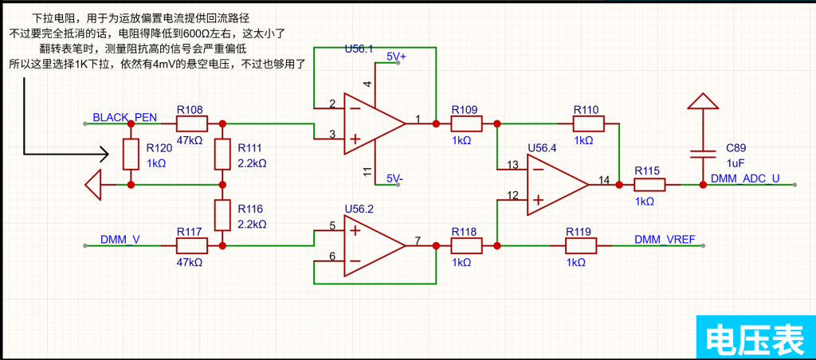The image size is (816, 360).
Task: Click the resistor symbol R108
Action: tap(192, 123)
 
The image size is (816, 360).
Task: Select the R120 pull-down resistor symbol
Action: tap(131, 154)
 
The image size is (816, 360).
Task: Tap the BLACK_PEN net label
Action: tap(124, 118)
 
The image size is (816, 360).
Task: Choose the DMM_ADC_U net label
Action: tap(745, 178)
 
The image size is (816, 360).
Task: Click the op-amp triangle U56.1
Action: tap(375, 123)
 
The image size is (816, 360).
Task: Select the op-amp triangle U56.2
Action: tap(375, 245)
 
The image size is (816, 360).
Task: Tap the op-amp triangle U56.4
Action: tap(557, 184)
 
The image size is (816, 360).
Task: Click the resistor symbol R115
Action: tap(649, 185)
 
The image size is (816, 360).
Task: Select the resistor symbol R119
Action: tap(581, 245)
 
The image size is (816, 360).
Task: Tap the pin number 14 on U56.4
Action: tap(604, 180)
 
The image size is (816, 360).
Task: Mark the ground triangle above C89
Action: tap(703, 101)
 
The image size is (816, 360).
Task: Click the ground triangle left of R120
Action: tap(93, 185)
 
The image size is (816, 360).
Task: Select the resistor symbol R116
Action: tap(222, 215)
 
